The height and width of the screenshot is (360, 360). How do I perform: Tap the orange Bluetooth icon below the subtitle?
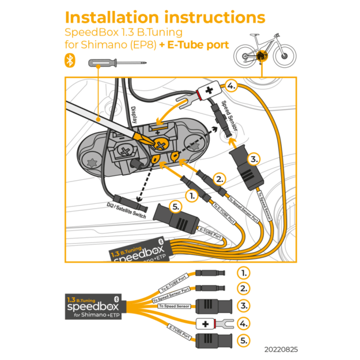coord(70,60)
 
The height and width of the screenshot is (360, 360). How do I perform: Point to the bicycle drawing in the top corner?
coord(262,52)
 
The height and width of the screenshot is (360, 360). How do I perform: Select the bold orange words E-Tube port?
coord(198,44)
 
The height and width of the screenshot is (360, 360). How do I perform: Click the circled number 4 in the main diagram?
coord(231,87)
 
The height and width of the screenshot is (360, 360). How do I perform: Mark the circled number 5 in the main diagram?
coord(177,206)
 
